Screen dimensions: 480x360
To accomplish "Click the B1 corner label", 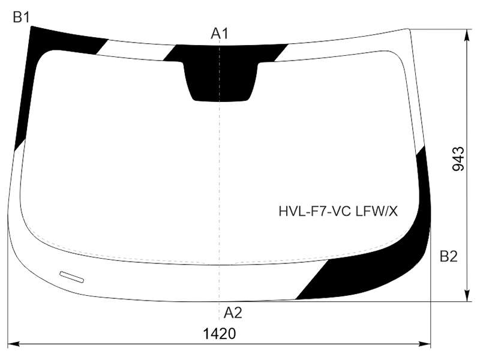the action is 21,17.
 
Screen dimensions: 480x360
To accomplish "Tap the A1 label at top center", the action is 220,34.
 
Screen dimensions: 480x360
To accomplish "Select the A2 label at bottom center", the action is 233,313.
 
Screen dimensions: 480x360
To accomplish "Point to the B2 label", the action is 448,257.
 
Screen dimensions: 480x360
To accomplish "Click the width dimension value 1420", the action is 220,334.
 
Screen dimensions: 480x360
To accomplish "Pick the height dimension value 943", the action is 458,158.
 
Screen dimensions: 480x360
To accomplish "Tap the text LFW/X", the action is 377,211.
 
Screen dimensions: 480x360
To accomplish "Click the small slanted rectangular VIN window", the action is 71,277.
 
